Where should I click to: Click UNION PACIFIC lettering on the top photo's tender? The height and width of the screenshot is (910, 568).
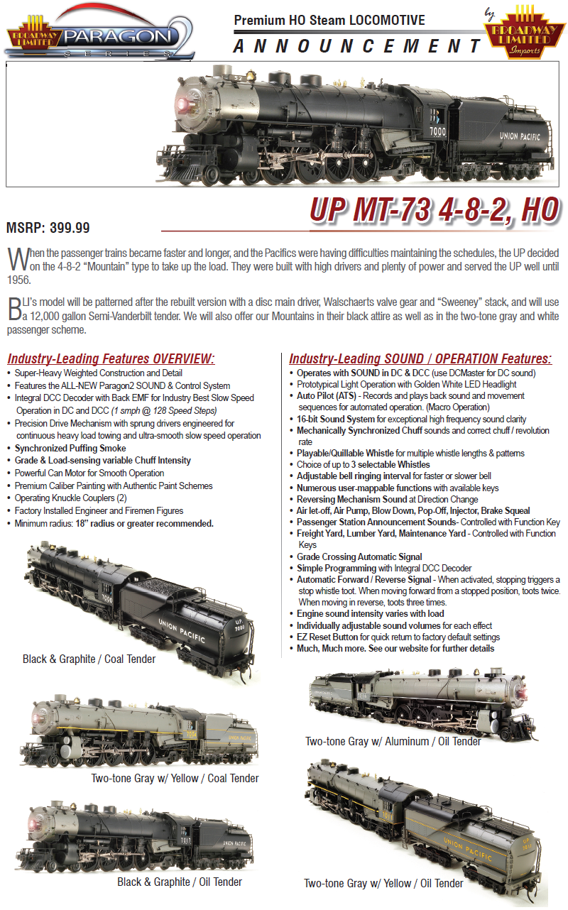click(x=519, y=136)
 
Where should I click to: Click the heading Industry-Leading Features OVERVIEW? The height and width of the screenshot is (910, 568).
click(x=110, y=358)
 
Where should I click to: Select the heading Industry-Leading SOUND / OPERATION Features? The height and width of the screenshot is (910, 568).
click(x=420, y=358)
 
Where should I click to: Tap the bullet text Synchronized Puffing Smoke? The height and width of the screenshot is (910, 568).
click(x=70, y=448)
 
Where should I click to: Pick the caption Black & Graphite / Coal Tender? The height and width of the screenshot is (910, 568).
click(x=89, y=659)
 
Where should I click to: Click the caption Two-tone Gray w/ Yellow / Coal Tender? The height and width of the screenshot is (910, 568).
click(x=175, y=779)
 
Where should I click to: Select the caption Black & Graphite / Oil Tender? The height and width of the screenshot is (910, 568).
click(x=180, y=882)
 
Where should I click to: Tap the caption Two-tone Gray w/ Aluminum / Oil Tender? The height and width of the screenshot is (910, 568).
click(x=393, y=741)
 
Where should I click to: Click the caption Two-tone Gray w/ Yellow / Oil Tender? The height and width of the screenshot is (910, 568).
click(x=383, y=883)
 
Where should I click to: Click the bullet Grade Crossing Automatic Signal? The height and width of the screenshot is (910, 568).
click(x=359, y=557)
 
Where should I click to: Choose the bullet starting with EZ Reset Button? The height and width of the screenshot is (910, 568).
click(x=398, y=637)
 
